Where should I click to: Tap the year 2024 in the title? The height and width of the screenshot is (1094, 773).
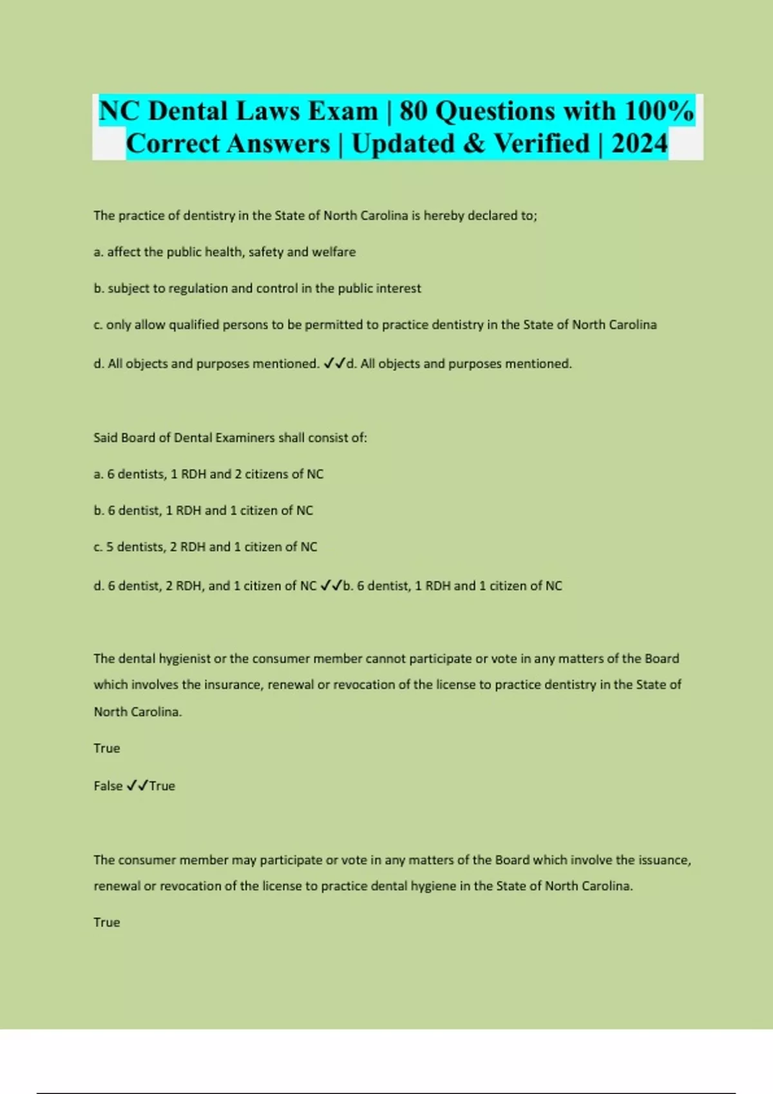pos(639,144)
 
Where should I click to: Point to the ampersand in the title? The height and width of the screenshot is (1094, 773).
pos(473,144)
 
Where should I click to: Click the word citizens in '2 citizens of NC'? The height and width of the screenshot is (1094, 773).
pos(265,474)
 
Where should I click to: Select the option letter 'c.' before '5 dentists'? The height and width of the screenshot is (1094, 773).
pos(98,547)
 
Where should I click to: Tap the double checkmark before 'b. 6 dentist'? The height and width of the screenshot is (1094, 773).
pos(330,586)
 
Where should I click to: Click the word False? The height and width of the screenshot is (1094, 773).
pos(108,786)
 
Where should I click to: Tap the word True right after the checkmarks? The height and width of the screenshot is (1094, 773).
pos(162,786)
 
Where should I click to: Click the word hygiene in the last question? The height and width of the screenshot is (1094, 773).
pos(448,886)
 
